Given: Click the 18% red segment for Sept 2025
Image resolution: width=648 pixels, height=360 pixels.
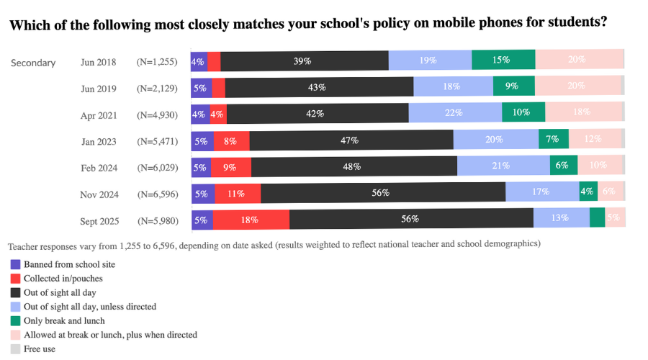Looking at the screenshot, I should (x=251, y=219).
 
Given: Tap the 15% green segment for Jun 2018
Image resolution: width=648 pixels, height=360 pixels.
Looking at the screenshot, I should (x=503, y=60).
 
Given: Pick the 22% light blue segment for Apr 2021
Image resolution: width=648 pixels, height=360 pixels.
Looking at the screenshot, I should (x=454, y=113).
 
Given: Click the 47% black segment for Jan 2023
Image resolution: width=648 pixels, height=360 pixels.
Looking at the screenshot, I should (x=351, y=140).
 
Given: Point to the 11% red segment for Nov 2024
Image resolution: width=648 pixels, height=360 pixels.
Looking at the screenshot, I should (x=235, y=193).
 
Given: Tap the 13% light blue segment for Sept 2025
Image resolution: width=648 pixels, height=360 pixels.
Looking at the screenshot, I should (x=561, y=219).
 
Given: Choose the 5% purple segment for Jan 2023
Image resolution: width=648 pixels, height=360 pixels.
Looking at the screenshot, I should (x=201, y=140).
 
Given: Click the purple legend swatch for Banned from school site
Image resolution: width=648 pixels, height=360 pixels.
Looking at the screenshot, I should (x=15, y=264).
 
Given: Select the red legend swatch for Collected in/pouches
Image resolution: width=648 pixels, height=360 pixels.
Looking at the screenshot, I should (x=15, y=278).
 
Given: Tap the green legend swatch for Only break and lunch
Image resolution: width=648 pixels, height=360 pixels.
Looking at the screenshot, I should (x=15, y=320).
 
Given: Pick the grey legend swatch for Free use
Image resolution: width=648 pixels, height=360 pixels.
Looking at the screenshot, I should (x=15, y=348).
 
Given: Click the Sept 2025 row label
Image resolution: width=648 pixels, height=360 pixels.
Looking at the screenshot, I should (x=99, y=220).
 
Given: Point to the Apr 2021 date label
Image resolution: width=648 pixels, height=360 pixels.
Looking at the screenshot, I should (x=99, y=115).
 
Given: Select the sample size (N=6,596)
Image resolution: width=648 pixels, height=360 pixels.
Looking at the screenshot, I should (x=157, y=194).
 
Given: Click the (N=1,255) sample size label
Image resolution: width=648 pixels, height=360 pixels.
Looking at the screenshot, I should (x=157, y=63).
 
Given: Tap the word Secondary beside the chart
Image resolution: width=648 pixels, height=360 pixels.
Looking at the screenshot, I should (x=33, y=63).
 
